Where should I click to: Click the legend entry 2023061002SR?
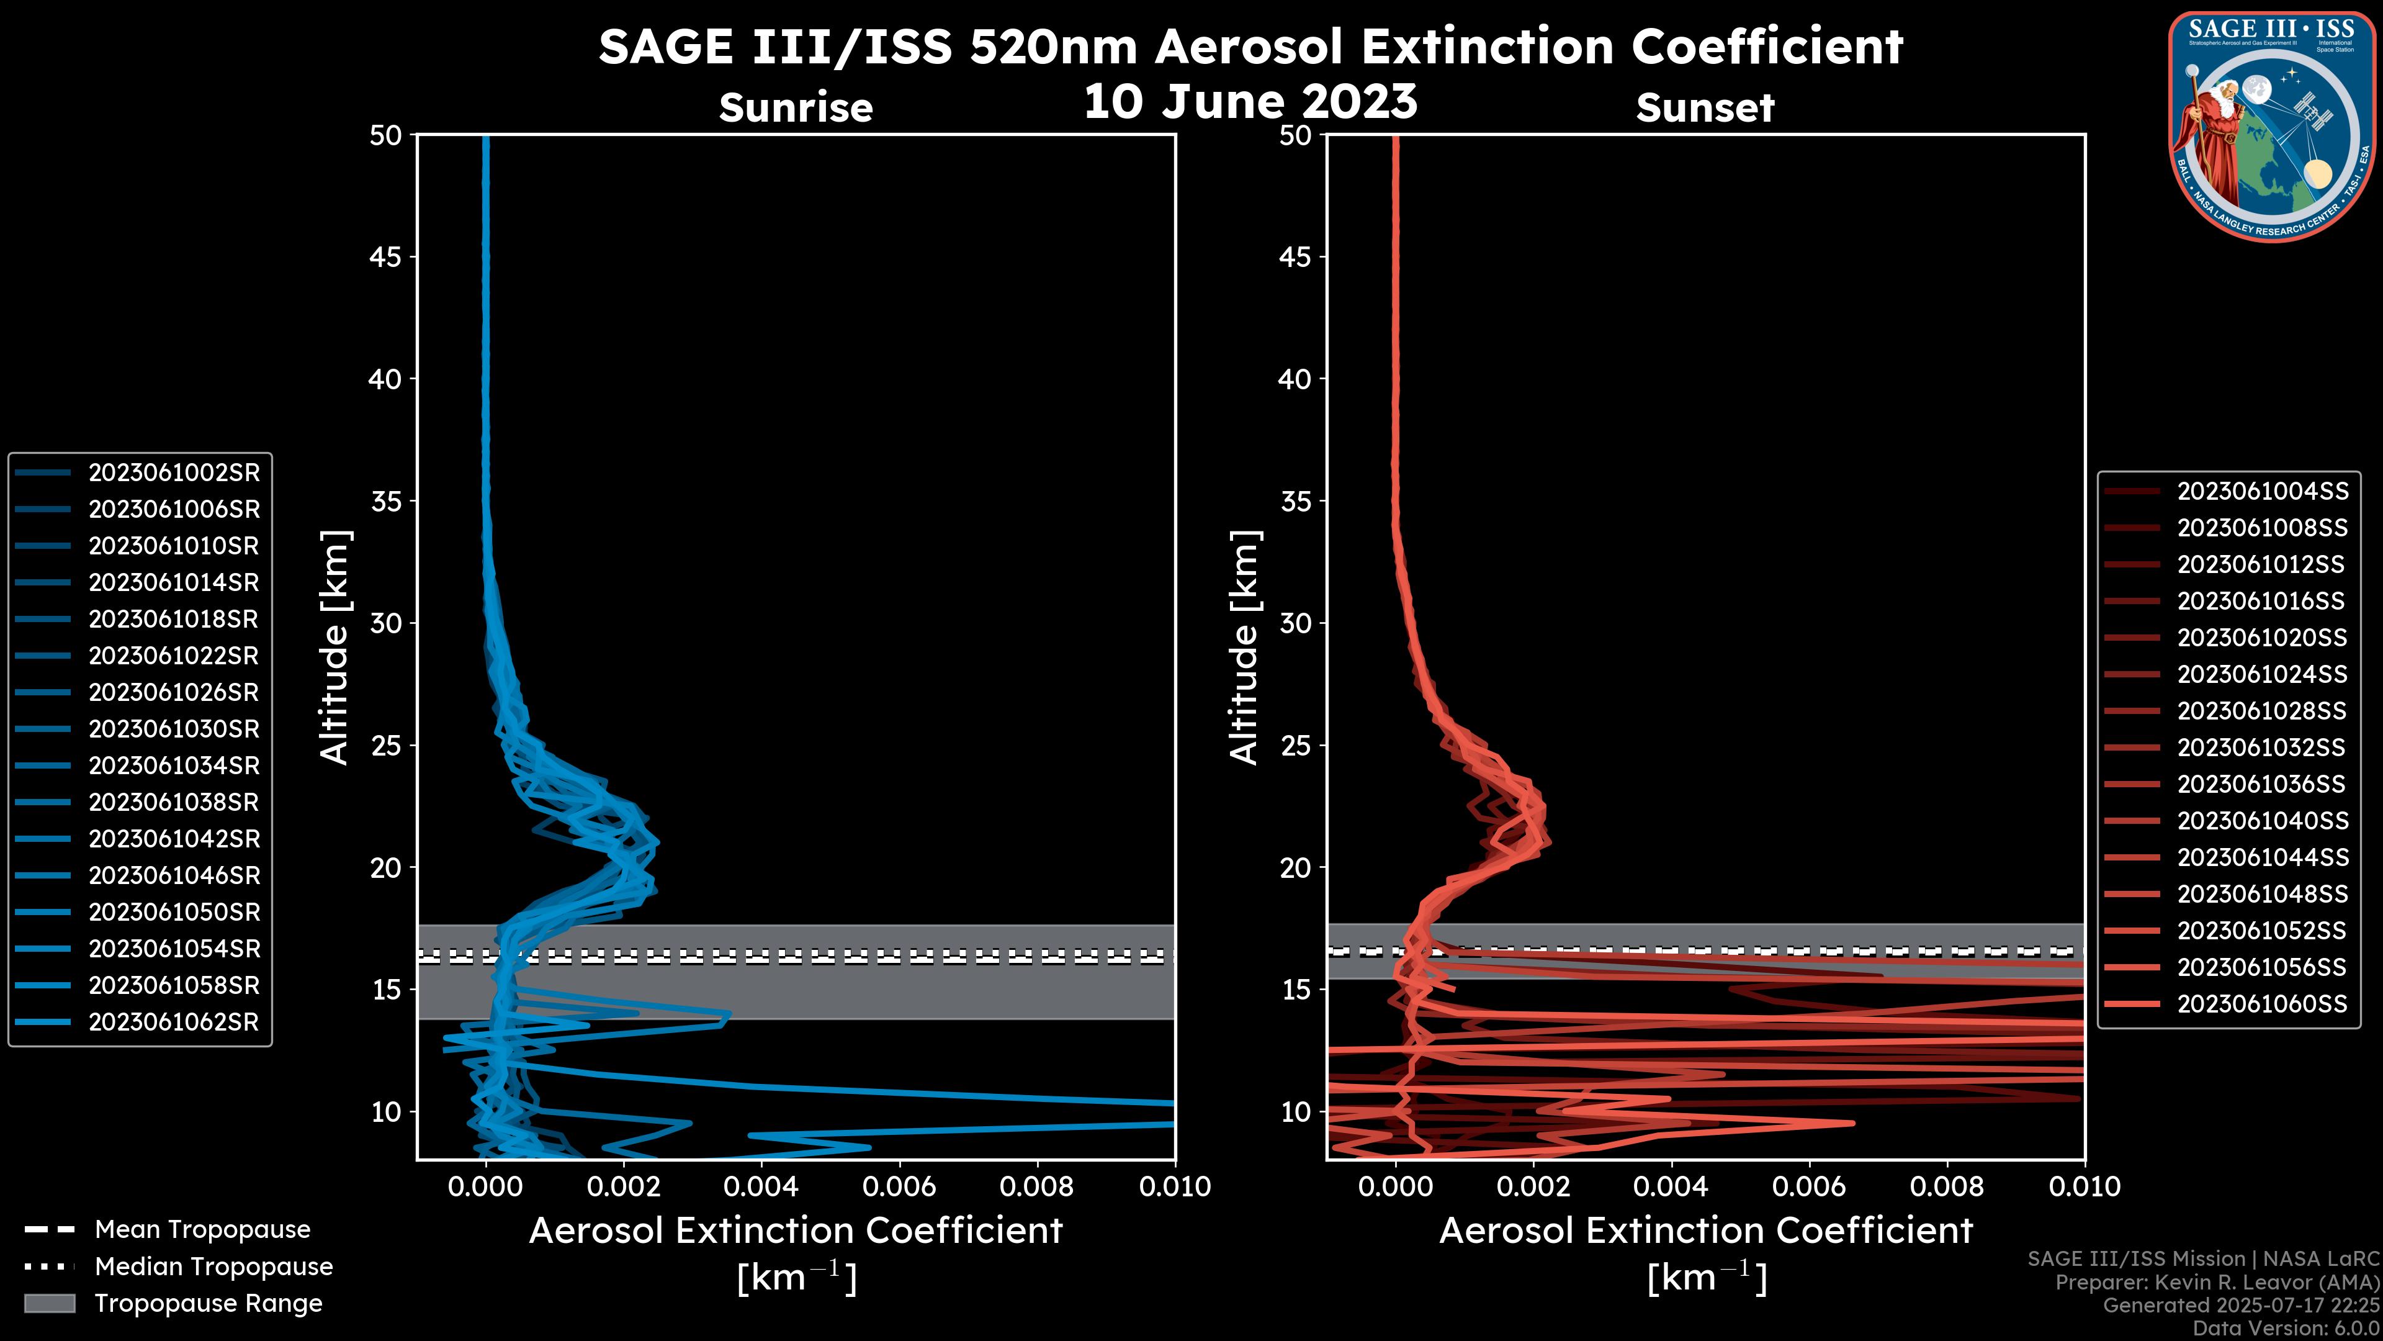pyautogui.click(x=174, y=473)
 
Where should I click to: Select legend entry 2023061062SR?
pyautogui.click(x=174, y=1023)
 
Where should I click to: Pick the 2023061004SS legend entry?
pyautogui.click(x=2262, y=492)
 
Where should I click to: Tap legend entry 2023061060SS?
pyautogui.click(x=2262, y=1004)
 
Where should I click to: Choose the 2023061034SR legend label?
pyautogui.click(x=174, y=766)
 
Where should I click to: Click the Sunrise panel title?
pyautogui.click(x=796, y=108)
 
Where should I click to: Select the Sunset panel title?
pyautogui.click(x=1705, y=108)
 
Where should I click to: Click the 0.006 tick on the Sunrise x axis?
pyautogui.click(x=899, y=1186)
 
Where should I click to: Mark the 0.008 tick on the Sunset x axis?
pyautogui.click(x=1947, y=1186)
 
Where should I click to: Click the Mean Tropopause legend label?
pyautogui.click(x=202, y=1230)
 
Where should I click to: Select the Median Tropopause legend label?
pyautogui.click(x=213, y=1267)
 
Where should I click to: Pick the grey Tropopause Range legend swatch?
pyautogui.click(x=49, y=1304)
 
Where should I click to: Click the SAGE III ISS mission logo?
pyautogui.click(x=2272, y=126)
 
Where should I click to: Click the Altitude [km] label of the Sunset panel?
pyautogui.click(x=1245, y=648)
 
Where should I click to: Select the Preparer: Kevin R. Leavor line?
pyautogui.click(x=2217, y=1283)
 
